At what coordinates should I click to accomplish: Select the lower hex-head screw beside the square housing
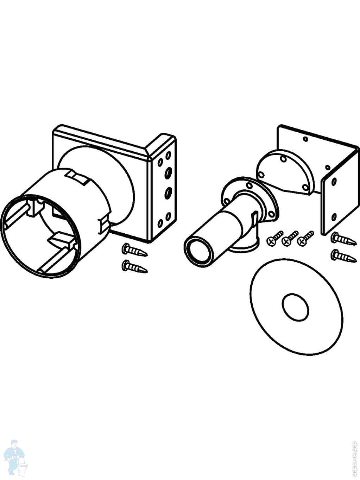click(x=134, y=266)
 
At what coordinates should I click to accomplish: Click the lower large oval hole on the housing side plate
click(x=168, y=192)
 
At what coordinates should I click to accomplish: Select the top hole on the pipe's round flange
click(x=249, y=185)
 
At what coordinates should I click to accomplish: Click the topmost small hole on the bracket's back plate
click(x=305, y=139)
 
